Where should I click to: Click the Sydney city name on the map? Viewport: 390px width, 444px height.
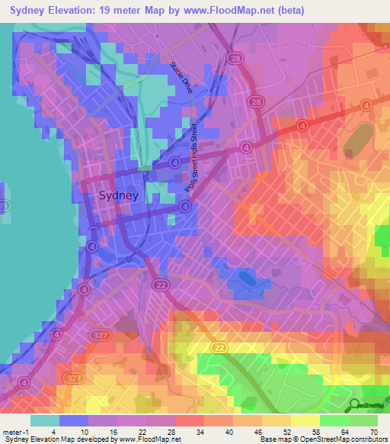click(119, 195)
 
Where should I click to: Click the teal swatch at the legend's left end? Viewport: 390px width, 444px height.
click(44, 420)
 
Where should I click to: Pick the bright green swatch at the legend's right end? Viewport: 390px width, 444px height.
click(363, 420)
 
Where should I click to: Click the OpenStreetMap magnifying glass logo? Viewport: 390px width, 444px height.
click(355, 406)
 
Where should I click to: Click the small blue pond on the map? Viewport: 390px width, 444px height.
click(246, 278)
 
